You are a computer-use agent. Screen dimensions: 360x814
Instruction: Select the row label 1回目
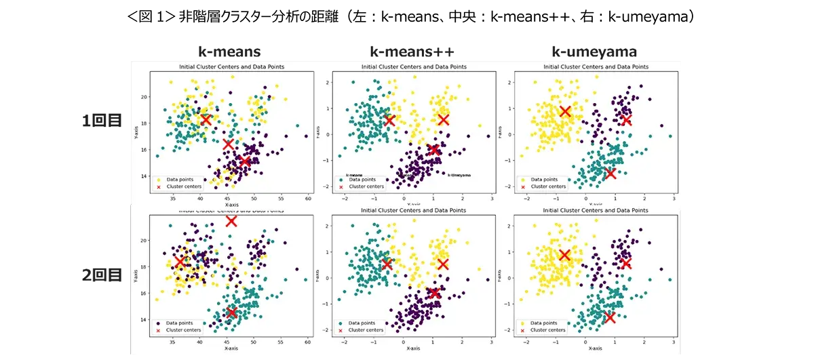pyautogui.click(x=102, y=123)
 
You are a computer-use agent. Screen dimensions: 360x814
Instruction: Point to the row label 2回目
pyautogui.click(x=102, y=275)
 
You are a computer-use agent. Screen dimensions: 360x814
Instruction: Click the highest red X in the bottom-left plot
pyautogui.click(x=231, y=221)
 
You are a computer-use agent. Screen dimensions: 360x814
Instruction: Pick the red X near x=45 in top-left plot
pyautogui.click(x=229, y=144)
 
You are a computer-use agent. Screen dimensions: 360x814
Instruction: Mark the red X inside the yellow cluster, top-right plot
pyautogui.click(x=565, y=111)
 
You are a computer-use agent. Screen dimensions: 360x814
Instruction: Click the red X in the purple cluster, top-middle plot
pyautogui.click(x=434, y=150)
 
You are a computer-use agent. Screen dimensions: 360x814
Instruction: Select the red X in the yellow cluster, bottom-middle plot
pyautogui.click(x=443, y=264)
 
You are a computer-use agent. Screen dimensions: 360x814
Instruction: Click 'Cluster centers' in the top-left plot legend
pyautogui.click(x=180, y=186)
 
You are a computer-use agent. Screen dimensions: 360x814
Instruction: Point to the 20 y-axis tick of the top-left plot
pyautogui.click(x=143, y=97)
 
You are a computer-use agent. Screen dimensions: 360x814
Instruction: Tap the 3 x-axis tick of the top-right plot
pyautogui.click(x=674, y=198)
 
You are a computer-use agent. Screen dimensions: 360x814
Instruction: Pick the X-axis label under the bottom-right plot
pyautogui.click(x=595, y=348)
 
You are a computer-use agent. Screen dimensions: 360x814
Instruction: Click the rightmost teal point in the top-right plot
pyautogui.click(x=670, y=136)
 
